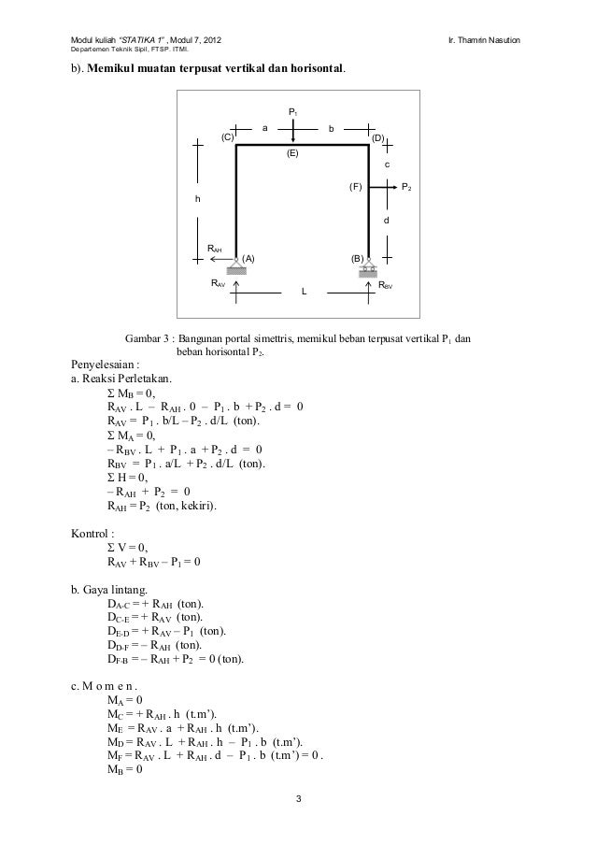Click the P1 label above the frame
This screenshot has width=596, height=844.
pyautogui.click(x=293, y=112)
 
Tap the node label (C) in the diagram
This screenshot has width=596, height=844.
pyautogui.click(x=227, y=137)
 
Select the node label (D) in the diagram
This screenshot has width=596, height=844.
pyautogui.click(x=377, y=137)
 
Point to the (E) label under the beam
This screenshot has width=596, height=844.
pyautogui.click(x=292, y=152)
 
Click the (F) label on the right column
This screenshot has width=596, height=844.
pyautogui.click(x=355, y=187)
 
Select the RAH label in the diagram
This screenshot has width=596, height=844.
pyautogui.click(x=215, y=248)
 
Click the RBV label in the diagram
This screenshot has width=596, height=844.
pyautogui.click(x=386, y=284)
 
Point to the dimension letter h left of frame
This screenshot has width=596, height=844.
pyautogui.click(x=197, y=199)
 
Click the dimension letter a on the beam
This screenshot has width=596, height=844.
pyautogui.click(x=265, y=128)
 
